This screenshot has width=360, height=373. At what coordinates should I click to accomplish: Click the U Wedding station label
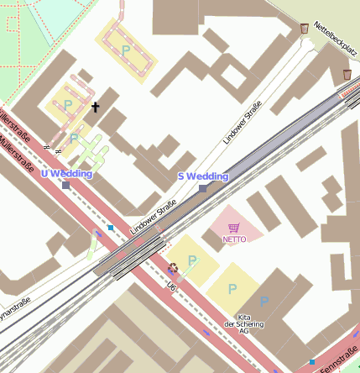(66, 173)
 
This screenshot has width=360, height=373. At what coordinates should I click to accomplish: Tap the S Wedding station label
(203, 176)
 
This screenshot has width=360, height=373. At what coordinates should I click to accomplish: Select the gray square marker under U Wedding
(66, 185)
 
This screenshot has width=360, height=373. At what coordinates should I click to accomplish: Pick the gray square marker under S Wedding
(202, 188)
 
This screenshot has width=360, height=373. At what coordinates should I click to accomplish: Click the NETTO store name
(234, 239)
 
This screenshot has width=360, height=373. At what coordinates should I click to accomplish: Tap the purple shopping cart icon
(234, 228)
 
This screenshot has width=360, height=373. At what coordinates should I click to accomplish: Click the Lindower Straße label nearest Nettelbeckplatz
(243, 122)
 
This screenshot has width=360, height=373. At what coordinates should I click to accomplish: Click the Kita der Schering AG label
(244, 326)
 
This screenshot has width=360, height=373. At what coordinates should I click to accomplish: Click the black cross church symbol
(96, 108)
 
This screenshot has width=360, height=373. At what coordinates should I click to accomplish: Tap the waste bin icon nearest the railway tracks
(347, 75)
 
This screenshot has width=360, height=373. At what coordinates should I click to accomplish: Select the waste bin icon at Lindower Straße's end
(304, 29)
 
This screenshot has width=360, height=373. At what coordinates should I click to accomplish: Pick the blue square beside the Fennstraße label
(312, 362)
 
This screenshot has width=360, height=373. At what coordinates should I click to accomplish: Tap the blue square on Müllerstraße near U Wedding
(110, 227)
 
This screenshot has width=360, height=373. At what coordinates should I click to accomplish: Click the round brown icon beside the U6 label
(174, 269)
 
